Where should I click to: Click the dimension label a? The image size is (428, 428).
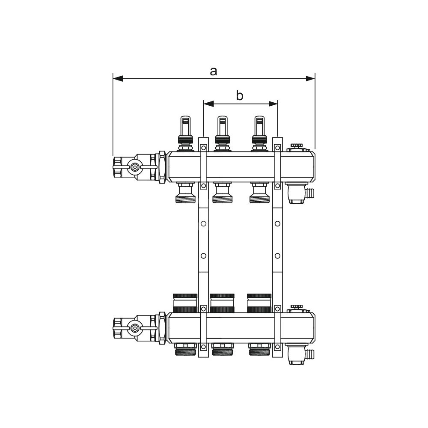[x=214, y=71]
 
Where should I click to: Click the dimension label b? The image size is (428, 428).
[x=239, y=95]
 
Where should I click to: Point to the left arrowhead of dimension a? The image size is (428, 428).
[x=118, y=79]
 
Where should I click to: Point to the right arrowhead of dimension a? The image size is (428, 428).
[x=310, y=79]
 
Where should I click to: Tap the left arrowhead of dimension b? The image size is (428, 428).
[x=209, y=104]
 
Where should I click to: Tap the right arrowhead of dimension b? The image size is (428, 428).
[x=273, y=104]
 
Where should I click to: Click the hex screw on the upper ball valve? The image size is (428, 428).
[x=134, y=167]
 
